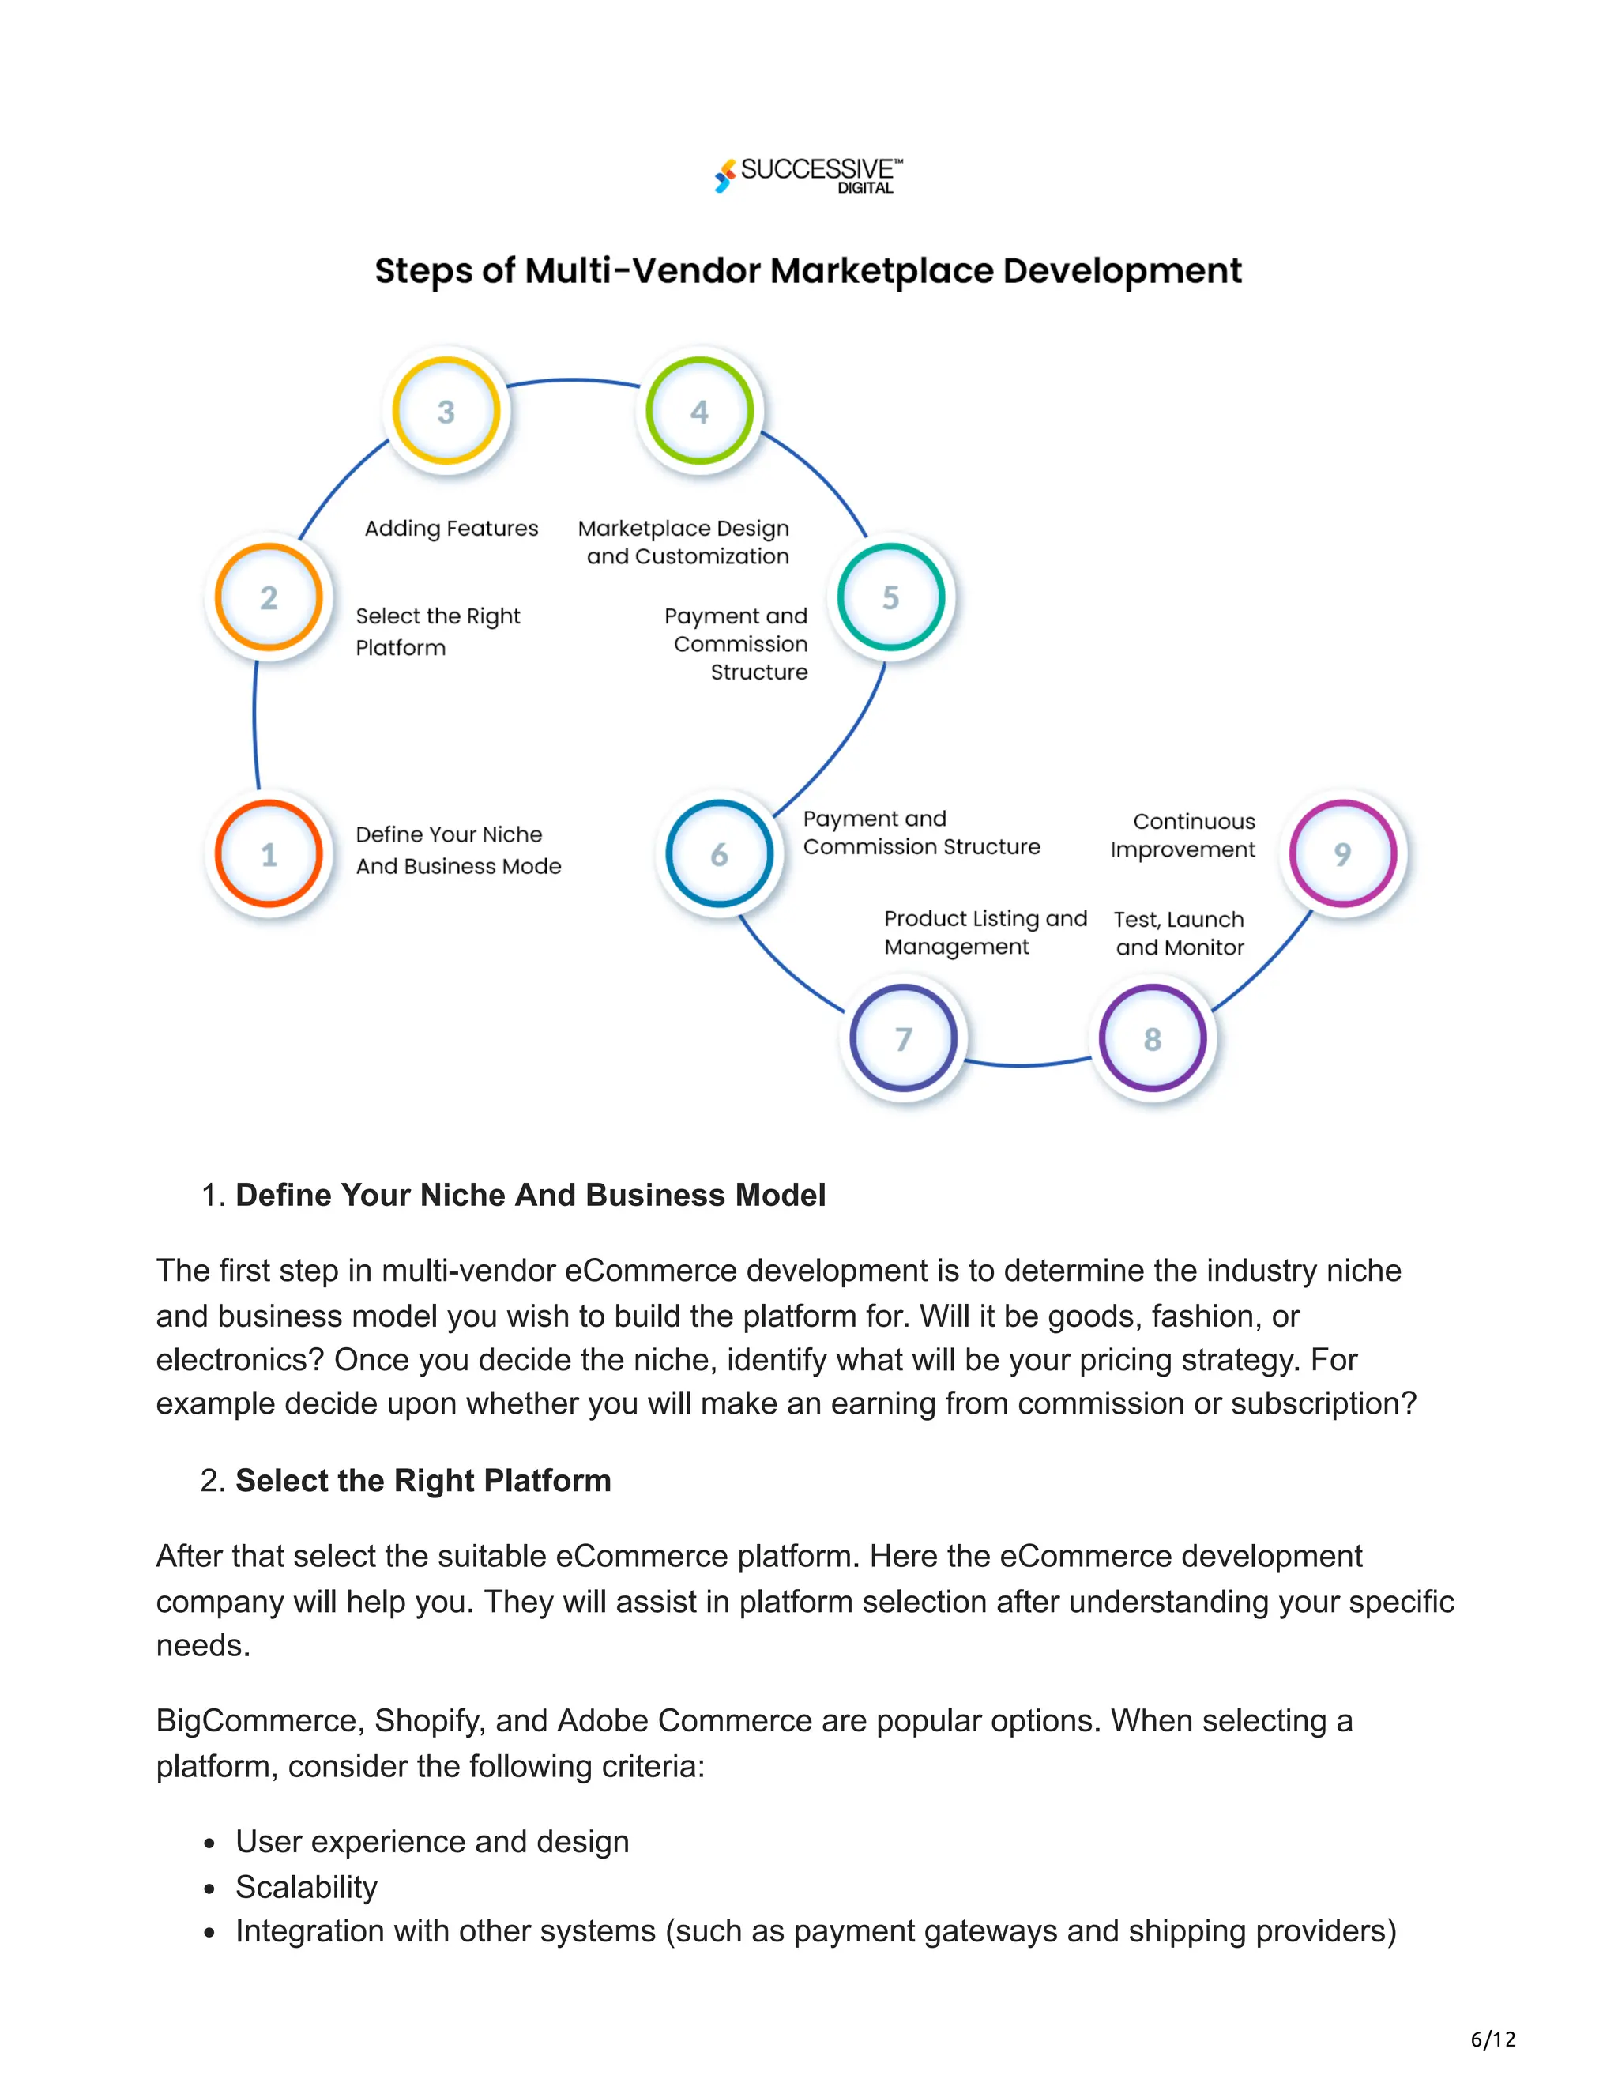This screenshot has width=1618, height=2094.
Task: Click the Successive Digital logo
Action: click(x=808, y=175)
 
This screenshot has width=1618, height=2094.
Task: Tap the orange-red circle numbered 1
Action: click(x=269, y=853)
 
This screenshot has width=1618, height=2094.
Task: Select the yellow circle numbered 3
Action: click(x=446, y=412)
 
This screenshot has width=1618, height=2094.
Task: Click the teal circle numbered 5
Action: click(x=890, y=597)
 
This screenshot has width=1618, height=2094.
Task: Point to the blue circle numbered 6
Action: click(x=719, y=853)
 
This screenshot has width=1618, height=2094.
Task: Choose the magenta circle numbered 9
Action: click(x=1342, y=853)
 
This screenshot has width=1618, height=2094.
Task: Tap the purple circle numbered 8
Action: click(x=1152, y=1038)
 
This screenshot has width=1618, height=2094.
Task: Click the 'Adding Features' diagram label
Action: click(x=451, y=529)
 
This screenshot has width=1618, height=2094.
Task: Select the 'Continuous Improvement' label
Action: click(x=1183, y=835)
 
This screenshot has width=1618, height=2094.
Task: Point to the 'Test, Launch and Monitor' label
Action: click(x=1179, y=933)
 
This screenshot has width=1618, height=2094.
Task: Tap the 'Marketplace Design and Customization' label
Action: click(x=684, y=542)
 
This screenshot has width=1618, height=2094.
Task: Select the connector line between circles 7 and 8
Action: click(x=1026, y=1064)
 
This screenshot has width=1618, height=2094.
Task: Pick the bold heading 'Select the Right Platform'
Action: click(x=423, y=1480)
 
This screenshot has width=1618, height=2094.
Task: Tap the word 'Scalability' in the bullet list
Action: click(x=307, y=1887)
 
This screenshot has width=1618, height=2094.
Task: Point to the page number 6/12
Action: click(x=1492, y=2039)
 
